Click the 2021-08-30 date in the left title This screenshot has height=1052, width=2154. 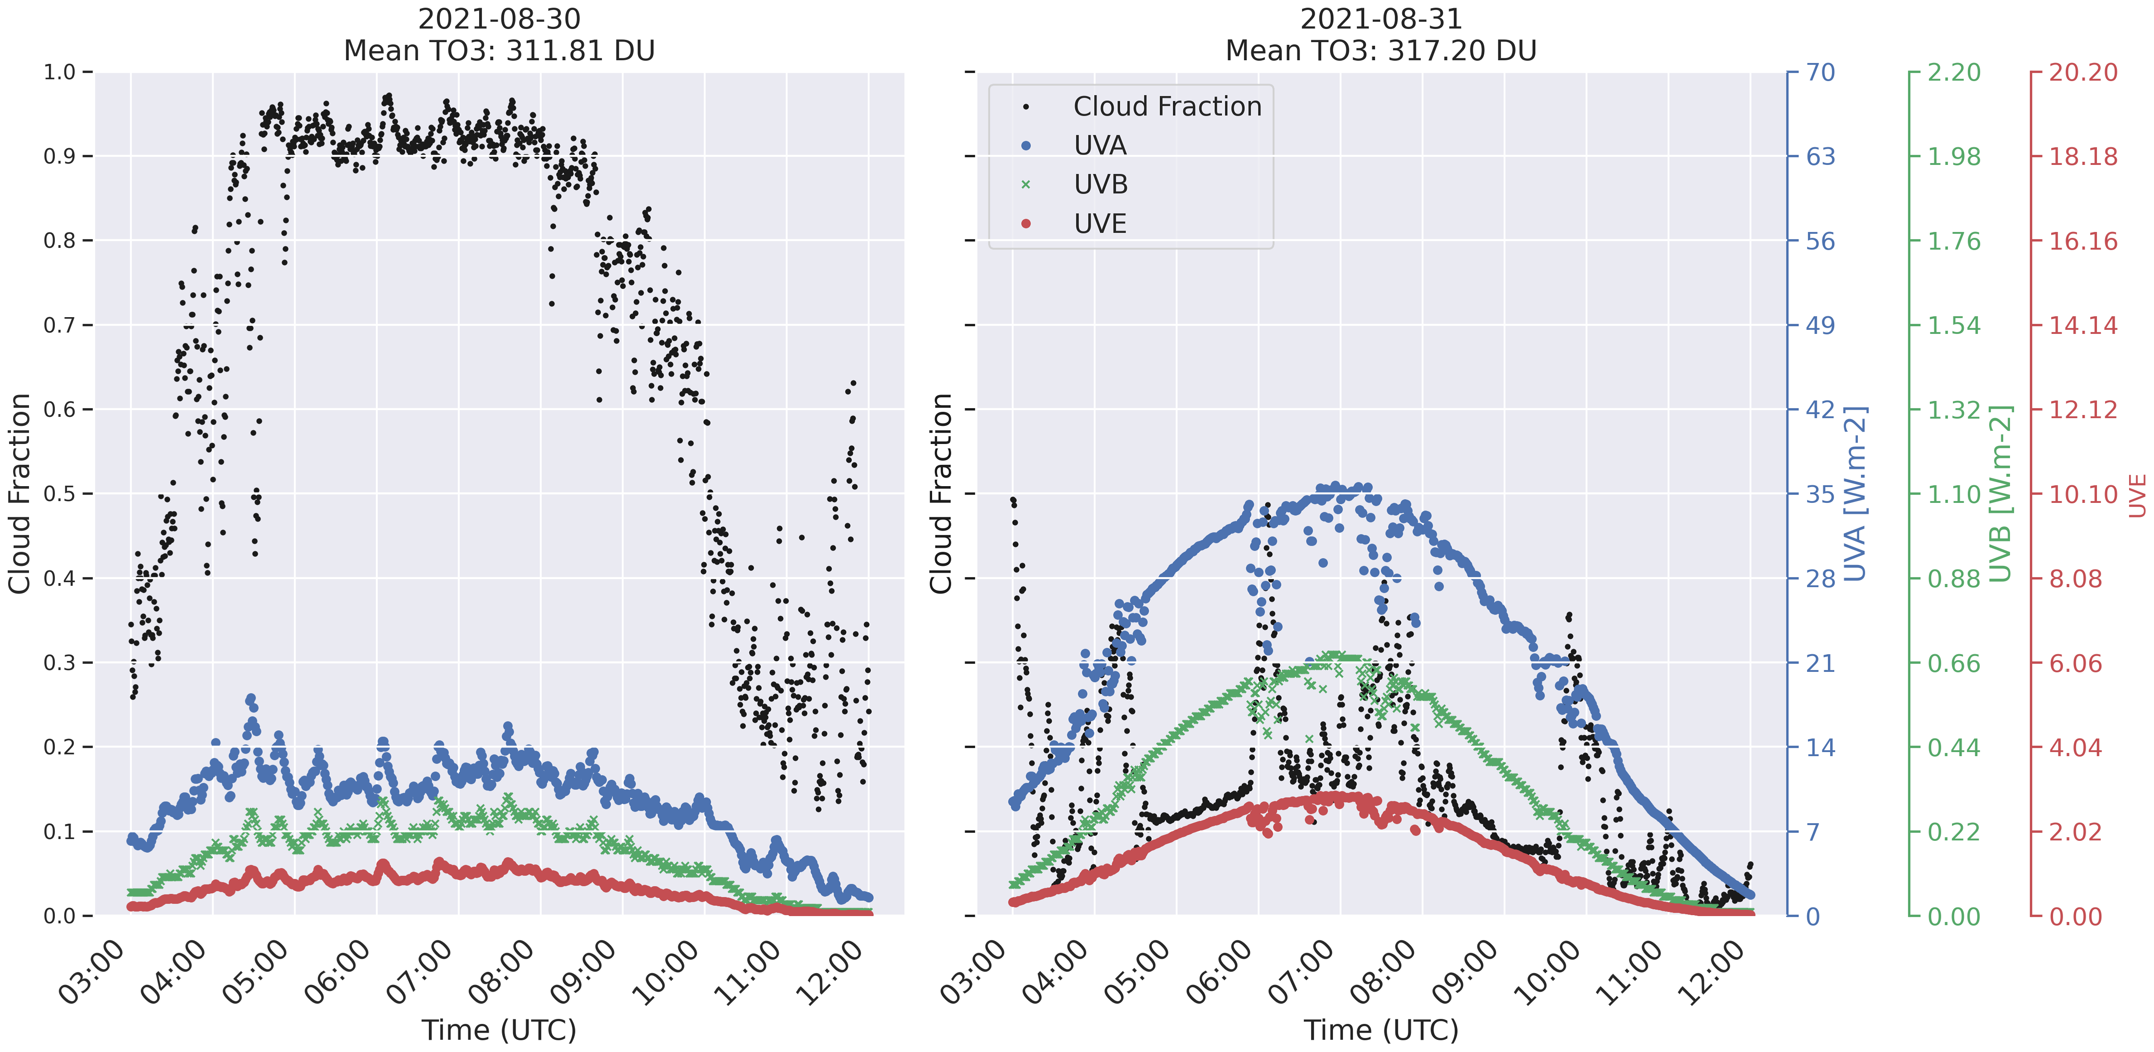[499, 19]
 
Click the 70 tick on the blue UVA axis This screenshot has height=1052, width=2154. [1820, 73]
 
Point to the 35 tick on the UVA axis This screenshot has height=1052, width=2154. [1820, 494]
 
